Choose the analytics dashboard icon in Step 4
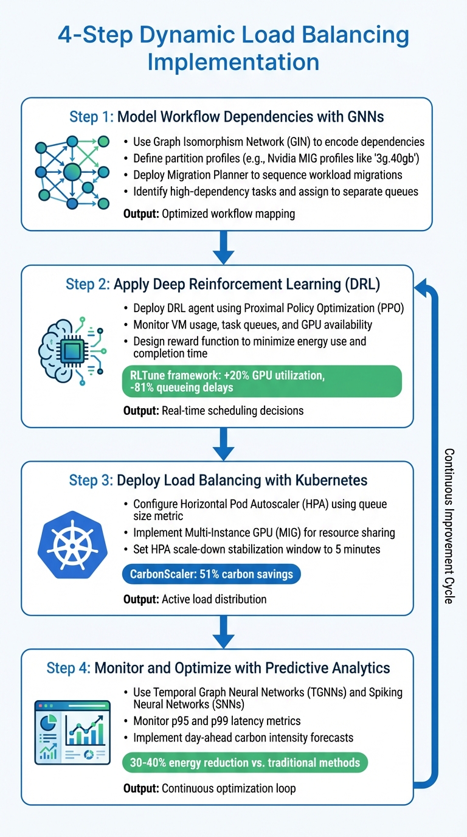[x=72, y=732]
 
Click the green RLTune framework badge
[x=262, y=381]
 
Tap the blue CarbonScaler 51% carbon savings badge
[x=211, y=575]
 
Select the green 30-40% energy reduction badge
[x=245, y=762]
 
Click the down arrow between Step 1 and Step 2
[x=224, y=249]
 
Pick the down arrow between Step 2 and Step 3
[x=224, y=445]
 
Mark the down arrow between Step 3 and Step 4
[x=224, y=634]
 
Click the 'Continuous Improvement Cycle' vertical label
[x=449, y=526]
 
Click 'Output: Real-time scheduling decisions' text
[x=213, y=411]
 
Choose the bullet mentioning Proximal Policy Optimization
[x=268, y=308]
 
